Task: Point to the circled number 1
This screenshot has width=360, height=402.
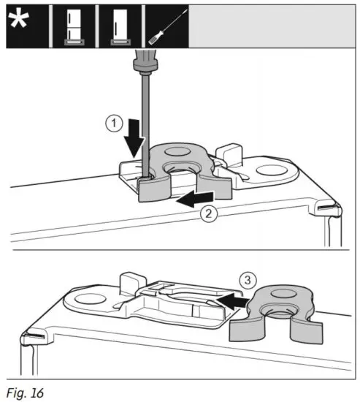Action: point(112,124)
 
